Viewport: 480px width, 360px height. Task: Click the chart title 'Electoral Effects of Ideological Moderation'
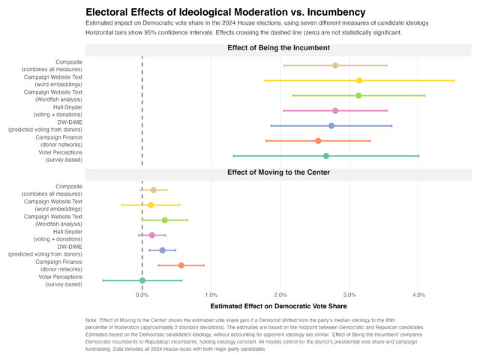(x=225, y=13)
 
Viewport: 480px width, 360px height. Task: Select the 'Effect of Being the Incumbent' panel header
(x=278, y=48)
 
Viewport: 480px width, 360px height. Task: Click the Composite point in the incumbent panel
(x=335, y=65)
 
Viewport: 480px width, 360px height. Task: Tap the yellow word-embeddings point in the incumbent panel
(x=359, y=80)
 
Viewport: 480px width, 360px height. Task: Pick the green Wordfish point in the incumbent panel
(x=358, y=95)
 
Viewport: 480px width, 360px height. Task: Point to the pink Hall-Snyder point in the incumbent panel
(x=335, y=110)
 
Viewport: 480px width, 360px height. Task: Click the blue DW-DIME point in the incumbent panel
(x=331, y=125)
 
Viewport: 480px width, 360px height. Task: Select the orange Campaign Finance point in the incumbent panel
(x=318, y=140)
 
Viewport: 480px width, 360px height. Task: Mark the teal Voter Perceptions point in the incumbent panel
(x=325, y=156)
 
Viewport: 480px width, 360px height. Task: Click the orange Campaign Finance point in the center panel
(x=181, y=265)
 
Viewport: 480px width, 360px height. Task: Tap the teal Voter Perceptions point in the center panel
(x=142, y=280)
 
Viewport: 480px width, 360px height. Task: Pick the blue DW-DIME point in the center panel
(x=162, y=250)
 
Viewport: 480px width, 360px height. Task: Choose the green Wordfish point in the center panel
(x=165, y=220)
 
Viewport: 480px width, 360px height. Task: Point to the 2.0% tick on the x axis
(x=280, y=294)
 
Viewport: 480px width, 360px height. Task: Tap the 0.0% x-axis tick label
(x=142, y=294)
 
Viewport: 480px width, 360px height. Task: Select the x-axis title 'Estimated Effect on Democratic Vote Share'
(x=278, y=306)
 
